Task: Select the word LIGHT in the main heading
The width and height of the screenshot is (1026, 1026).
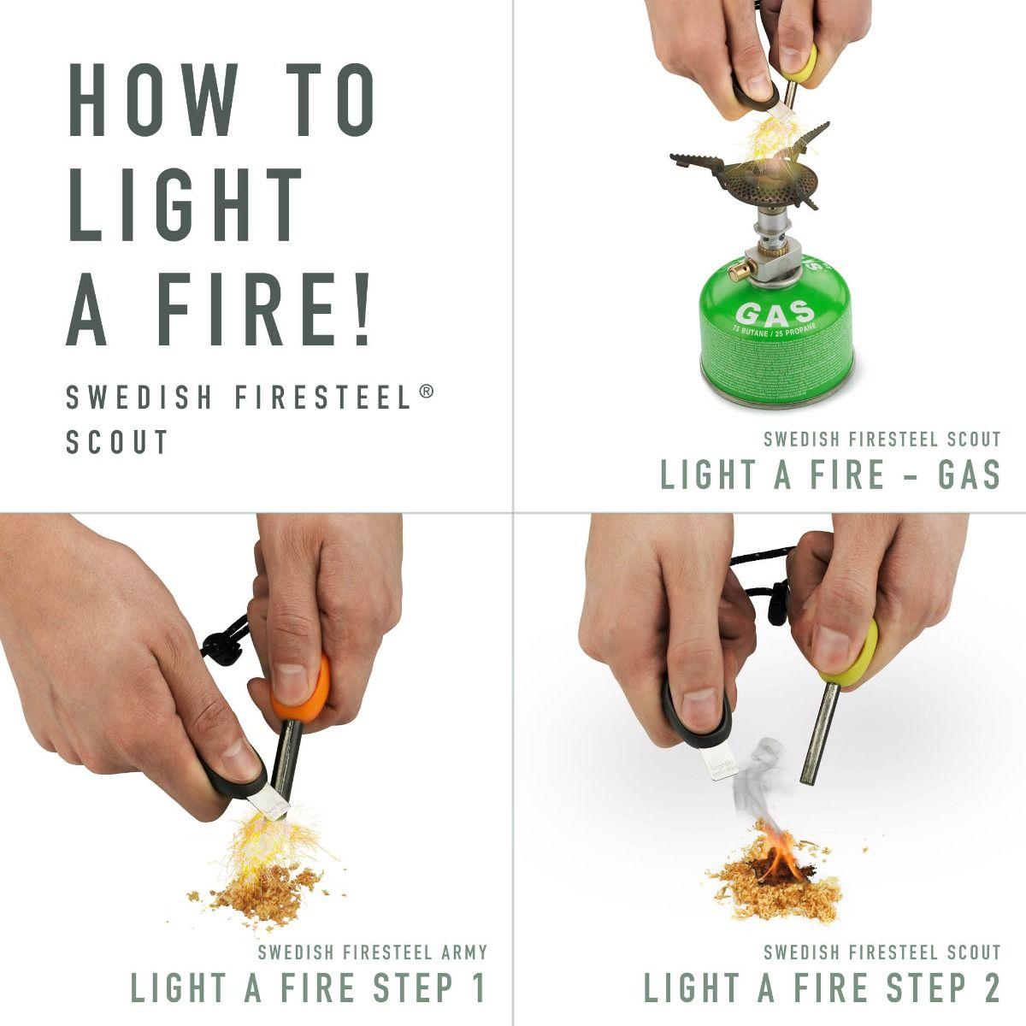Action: [x=186, y=204]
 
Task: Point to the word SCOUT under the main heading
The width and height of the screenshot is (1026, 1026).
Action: [x=118, y=442]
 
